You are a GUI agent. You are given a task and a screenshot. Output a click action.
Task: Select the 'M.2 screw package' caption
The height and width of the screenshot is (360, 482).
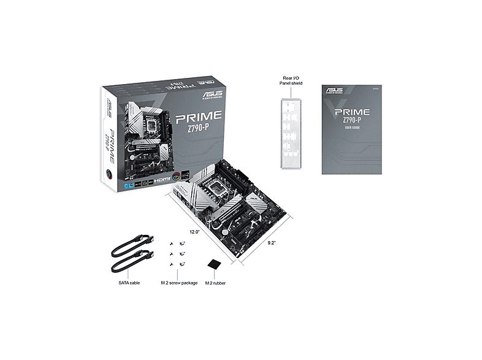tap(179, 283)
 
